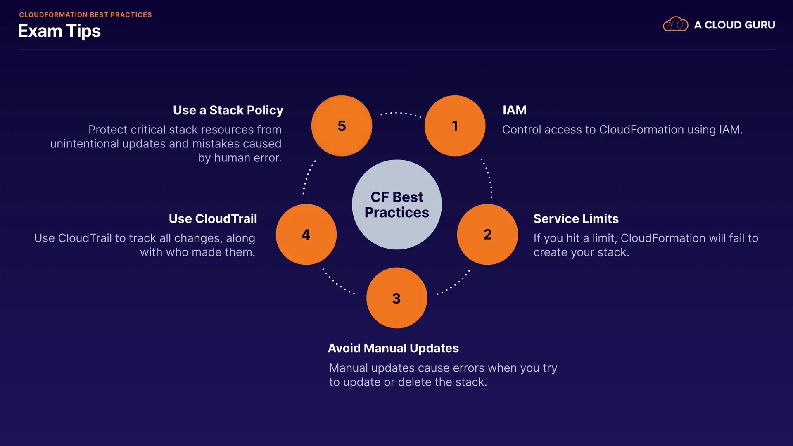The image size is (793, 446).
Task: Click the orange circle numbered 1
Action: click(455, 126)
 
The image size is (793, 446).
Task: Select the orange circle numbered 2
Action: click(487, 235)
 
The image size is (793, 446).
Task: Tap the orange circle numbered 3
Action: click(396, 298)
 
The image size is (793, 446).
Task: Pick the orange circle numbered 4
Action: click(306, 235)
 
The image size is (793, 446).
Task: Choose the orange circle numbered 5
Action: click(342, 126)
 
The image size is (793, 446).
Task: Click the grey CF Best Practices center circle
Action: click(396, 204)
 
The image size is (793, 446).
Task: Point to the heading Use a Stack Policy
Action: click(228, 110)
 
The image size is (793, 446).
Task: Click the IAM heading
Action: click(514, 110)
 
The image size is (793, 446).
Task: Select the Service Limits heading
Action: click(576, 218)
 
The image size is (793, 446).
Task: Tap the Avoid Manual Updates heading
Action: click(393, 348)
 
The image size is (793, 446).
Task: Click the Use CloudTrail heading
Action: click(213, 218)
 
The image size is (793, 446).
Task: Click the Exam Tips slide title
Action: click(59, 31)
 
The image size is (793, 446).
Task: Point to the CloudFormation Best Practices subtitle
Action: click(85, 15)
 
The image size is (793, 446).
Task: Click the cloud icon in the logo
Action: click(675, 25)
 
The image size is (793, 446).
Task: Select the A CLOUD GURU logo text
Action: click(734, 25)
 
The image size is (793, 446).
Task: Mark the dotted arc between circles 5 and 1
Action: click(401, 113)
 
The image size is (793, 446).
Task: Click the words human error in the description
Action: click(248, 158)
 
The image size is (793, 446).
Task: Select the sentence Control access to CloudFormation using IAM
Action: click(622, 130)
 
